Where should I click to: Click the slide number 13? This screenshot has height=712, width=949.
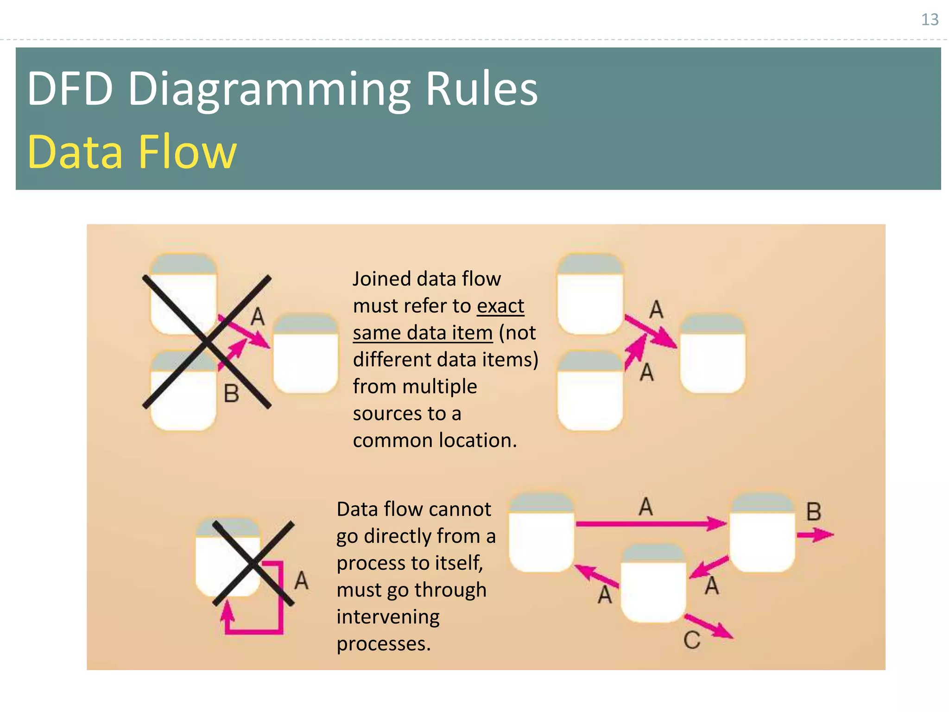(x=929, y=19)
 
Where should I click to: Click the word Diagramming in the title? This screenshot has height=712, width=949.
(x=269, y=89)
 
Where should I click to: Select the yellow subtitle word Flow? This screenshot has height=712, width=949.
(x=187, y=152)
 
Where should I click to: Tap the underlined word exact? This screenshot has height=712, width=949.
(x=500, y=306)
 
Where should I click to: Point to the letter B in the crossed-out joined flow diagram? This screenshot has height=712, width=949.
(x=231, y=394)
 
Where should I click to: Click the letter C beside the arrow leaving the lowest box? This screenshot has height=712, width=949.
(x=691, y=641)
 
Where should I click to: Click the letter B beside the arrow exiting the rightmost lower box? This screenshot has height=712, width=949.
(x=814, y=512)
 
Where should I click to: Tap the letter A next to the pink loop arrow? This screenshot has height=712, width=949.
(x=301, y=580)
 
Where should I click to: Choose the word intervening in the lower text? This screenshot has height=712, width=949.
(x=388, y=617)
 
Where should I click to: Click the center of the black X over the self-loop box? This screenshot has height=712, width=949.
(x=253, y=563)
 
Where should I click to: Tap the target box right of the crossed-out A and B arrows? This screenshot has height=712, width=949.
(x=305, y=355)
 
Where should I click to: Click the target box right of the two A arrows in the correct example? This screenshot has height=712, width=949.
(x=712, y=355)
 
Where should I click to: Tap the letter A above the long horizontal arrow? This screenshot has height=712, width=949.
(x=645, y=506)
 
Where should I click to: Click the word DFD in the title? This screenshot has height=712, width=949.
(x=70, y=89)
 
